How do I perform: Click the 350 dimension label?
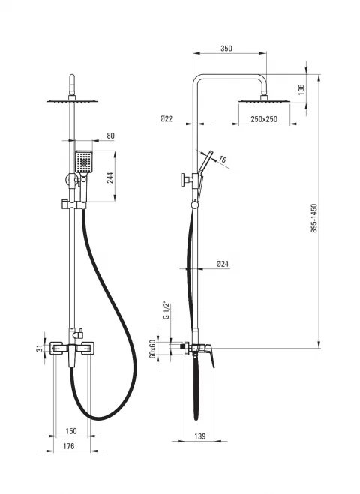pos(226,49)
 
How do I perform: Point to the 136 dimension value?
pos(301,89)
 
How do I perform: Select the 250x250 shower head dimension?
pos(264,119)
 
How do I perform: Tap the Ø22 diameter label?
pos(166,118)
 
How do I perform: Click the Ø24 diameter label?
pos(223,264)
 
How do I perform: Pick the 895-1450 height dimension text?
pos(314,218)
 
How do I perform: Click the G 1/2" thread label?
pos(166,310)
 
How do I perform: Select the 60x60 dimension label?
pos(152,349)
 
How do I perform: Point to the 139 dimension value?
pos(199,436)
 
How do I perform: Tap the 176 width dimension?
pos(69,446)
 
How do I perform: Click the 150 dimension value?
pos(71,431)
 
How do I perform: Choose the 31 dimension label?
pos(40,349)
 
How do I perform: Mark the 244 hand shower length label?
pos(110,178)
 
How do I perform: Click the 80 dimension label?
pos(111,136)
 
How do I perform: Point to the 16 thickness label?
pos(223,160)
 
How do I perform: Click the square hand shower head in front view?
pos(84,162)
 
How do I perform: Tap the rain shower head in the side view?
pos(264,101)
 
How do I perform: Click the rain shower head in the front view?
pos(72,101)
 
